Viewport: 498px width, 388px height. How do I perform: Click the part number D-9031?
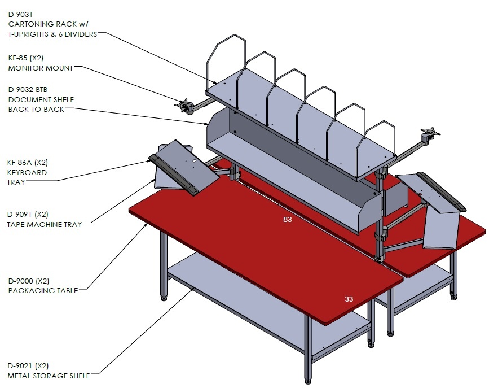20,14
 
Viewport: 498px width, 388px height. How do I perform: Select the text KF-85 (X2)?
26,58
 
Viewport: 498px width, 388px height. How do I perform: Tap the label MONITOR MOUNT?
41,68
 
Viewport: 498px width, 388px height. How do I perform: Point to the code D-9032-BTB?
28,90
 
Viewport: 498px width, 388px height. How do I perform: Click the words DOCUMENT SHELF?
41,99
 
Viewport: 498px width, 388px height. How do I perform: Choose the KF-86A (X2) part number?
27,163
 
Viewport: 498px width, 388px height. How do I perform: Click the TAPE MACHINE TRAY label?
45,225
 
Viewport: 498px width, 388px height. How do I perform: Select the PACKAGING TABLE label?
43,291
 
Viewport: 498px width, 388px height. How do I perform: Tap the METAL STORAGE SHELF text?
49,376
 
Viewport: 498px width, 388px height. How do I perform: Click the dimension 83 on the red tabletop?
288,220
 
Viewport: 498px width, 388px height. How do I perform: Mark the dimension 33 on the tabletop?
349,299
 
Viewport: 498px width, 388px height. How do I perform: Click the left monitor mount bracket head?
183,104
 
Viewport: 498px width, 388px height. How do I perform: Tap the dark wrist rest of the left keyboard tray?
174,175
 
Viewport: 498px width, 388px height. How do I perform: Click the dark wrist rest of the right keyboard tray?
442,191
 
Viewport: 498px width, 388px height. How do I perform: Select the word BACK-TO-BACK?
36,110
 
